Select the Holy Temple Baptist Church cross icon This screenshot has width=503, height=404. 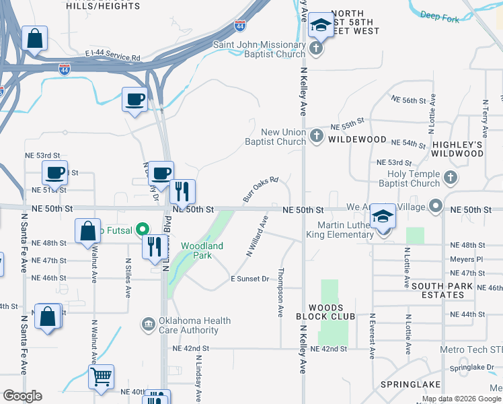click(451, 178)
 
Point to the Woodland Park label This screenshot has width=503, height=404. click(202, 251)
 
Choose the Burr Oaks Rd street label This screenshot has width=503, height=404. click(260, 189)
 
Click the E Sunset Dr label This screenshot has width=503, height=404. click(249, 279)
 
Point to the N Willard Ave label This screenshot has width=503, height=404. click(258, 236)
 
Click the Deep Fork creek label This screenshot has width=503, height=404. click(440, 17)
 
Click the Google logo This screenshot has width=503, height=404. click(22, 396)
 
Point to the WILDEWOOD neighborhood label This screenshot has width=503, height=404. click(358, 139)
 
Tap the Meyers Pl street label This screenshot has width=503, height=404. click(467, 259)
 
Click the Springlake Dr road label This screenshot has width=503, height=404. click(472, 368)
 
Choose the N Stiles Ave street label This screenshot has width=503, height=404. click(126, 277)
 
